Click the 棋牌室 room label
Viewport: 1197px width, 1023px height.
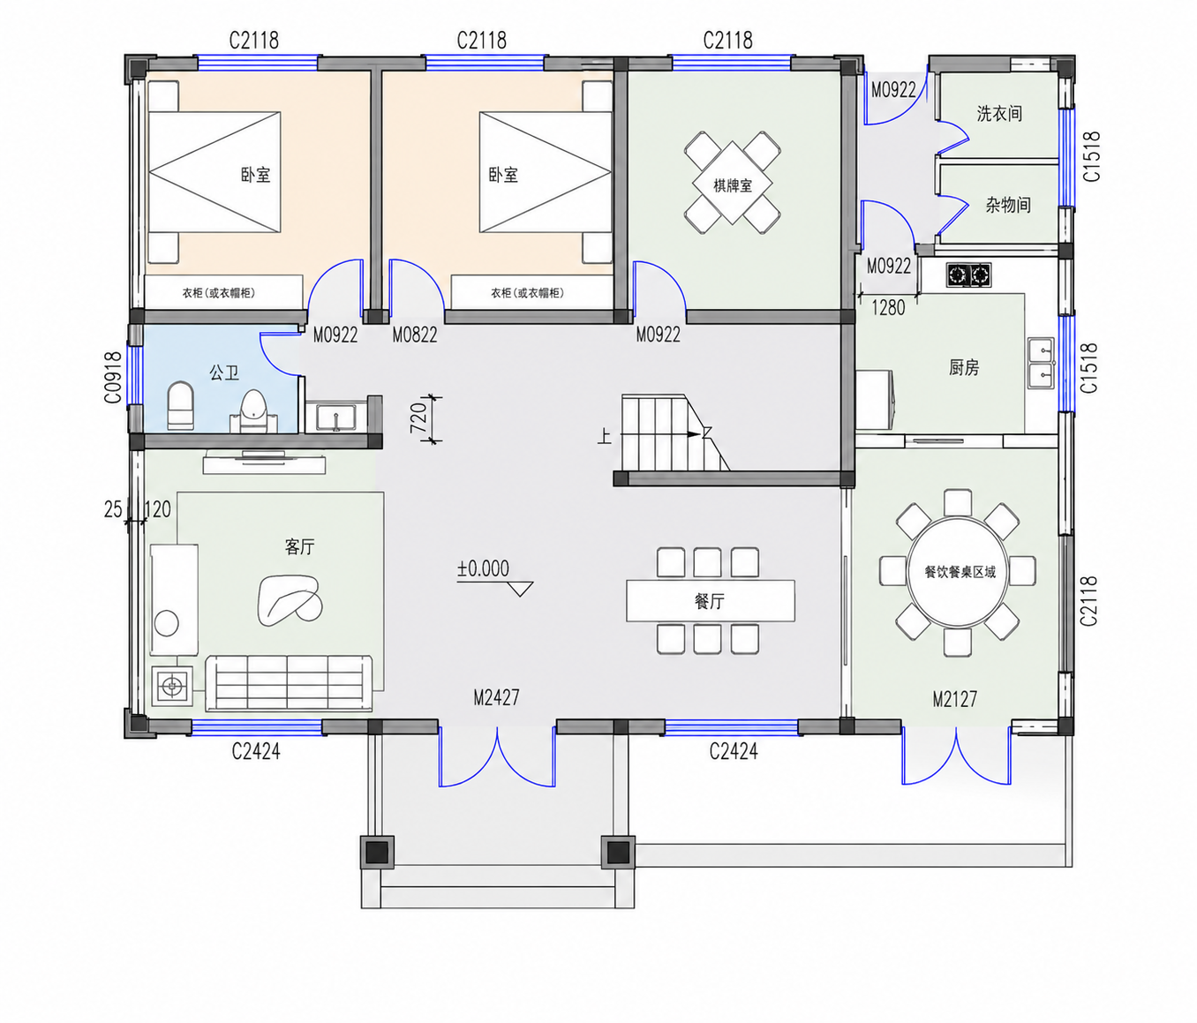(733, 185)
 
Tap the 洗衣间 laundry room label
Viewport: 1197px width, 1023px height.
(999, 114)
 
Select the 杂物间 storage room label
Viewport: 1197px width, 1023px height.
(1008, 205)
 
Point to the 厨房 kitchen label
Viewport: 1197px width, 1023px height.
(964, 367)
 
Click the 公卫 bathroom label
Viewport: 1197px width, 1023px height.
(224, 372)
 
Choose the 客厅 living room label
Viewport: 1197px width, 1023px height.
(299, 546)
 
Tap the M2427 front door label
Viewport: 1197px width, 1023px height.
(496, 697)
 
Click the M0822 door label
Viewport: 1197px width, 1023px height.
(415, 335)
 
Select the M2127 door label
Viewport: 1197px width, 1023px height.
(954, 699)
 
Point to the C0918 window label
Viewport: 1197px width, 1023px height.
(113, 378)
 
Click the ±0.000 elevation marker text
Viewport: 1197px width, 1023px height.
(483, 568)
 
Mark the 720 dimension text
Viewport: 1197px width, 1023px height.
(418, 417)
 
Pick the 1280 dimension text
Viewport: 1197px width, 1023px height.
(888, 307)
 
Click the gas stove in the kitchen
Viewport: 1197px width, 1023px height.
(968, 275)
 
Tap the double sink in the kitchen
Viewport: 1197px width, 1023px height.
(1042, 363)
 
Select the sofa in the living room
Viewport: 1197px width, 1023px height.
(289, 683)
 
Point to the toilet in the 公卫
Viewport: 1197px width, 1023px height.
(180, 406)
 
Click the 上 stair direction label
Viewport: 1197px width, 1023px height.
(604, 435)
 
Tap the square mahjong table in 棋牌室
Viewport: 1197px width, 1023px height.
(733, 183)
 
